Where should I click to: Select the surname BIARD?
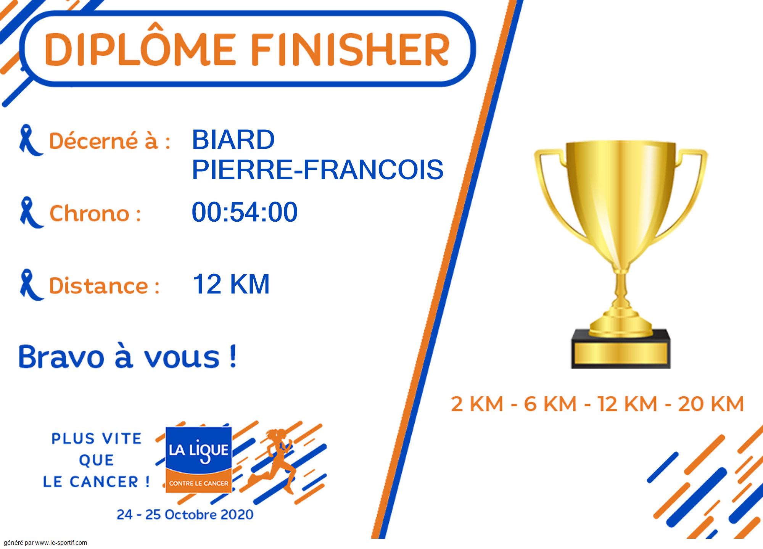[233, 140]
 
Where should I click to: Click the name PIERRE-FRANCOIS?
[317, 169]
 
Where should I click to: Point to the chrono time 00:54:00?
[245, 212]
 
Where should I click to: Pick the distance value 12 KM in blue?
[231, 284]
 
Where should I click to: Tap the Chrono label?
[95, 213]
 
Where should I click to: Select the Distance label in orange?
[104, 285]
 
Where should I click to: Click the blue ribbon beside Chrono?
[31, 213]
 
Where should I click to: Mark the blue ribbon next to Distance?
[31, 285]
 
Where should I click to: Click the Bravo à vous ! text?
[127, 356]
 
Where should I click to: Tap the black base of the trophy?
[621, 349]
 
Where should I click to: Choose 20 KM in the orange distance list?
[711, 404]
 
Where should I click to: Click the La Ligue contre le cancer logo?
[199, 459]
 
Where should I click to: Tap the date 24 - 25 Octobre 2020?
[185, 514]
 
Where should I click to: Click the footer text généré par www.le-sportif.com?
[45, 543]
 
